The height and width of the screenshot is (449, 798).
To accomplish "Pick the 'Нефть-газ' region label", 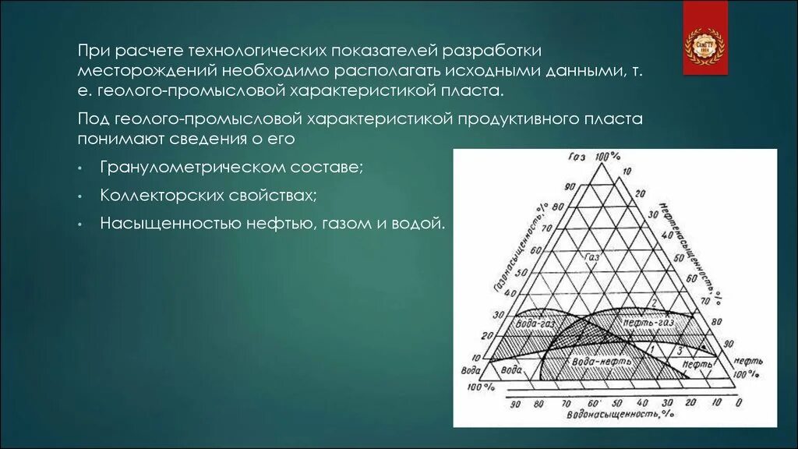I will [647, 321].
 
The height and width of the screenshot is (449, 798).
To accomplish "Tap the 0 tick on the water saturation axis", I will [737, 403].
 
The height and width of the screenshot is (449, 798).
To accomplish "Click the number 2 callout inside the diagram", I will [655, 302].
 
